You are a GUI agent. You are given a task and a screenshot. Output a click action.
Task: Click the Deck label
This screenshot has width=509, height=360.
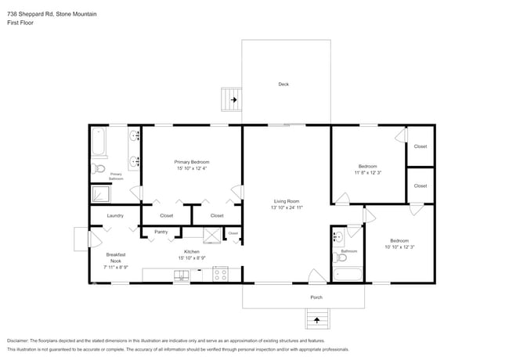pos(283,84)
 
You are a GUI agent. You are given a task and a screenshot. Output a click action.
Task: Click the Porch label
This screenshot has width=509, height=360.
pos(316,297)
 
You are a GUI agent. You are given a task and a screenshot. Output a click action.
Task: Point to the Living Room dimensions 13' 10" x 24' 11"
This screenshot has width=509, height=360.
pos(287,207)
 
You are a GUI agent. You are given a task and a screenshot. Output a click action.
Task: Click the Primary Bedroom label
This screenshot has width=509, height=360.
pos(192,162)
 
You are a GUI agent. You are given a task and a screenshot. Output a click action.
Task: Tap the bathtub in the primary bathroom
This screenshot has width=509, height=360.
pos(99,142)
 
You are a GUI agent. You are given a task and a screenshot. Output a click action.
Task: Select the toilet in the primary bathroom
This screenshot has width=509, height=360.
pos(99,167)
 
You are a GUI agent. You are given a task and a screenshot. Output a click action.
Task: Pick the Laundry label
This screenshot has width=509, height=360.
pos(114,215)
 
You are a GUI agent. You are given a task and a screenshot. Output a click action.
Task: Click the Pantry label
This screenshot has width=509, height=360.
pos(161,232)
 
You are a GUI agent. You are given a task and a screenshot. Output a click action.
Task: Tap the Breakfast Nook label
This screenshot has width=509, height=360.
pos(115,257)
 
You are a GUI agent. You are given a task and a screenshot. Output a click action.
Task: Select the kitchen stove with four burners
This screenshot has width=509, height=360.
pos(220,275)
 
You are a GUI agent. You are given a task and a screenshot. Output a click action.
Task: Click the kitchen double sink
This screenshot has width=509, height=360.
pos(182,275)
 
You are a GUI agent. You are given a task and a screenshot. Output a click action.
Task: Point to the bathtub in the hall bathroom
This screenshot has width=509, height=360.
pos(347,275)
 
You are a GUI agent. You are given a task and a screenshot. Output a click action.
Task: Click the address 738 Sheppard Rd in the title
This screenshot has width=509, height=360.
pos(31,5)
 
